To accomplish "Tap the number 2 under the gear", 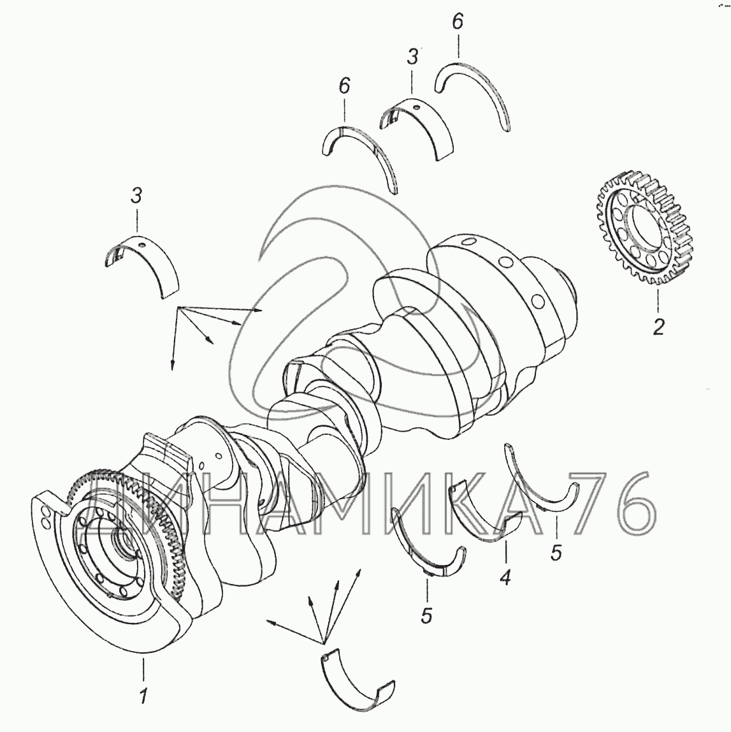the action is [658, 326].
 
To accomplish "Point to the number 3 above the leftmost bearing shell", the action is [136, 196].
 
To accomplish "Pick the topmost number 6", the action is [458, 22].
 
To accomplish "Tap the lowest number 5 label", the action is [426, 616].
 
